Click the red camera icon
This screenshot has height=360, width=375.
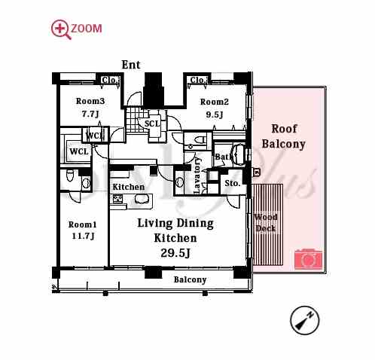tap(308, 258)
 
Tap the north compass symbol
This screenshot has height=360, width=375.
tap(304, 320)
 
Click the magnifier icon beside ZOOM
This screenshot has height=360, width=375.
tap(61, 29)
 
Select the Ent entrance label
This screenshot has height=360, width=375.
tap(131, 65)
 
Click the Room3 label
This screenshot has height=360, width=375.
tap(90, 101)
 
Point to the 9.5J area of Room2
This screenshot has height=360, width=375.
tap(215, 114)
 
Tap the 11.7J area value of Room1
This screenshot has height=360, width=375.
tap(83, 236)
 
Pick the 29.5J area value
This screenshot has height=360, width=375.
tap(175, 253)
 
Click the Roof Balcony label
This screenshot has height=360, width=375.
tap(284, 136)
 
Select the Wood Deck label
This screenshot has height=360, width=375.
tap(266, 223)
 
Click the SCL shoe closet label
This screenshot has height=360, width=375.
tap(152, 124)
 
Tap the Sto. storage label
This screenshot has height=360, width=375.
tap(233, 183)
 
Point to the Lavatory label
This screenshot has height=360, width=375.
tap(197, 175)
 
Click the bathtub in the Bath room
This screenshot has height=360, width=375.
tap(238, 155)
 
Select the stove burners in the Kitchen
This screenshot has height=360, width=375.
tap(117, 199)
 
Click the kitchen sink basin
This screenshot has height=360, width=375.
tap(141, 199)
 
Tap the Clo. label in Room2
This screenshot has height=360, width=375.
tap(198, 81)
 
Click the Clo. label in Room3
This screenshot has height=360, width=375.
tap(110, 81)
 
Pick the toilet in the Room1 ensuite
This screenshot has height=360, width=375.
tap(69, 175)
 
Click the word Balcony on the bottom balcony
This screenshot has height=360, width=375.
tap(190, 279)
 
